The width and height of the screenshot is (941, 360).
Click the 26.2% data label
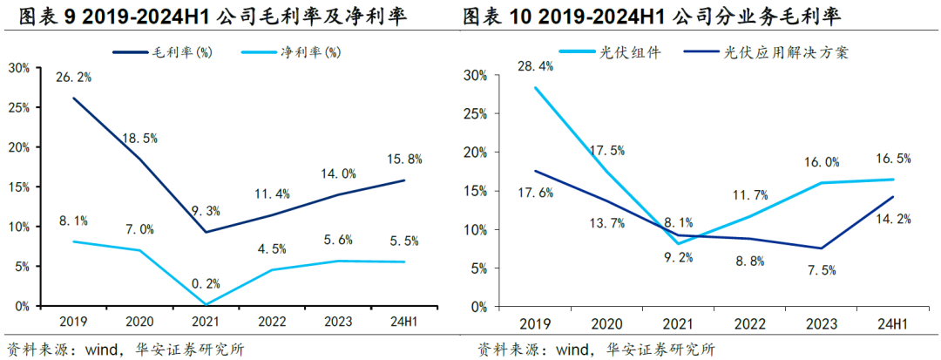(x=74, y=77)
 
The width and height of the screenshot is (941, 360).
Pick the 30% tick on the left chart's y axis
(x=19, y=67)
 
